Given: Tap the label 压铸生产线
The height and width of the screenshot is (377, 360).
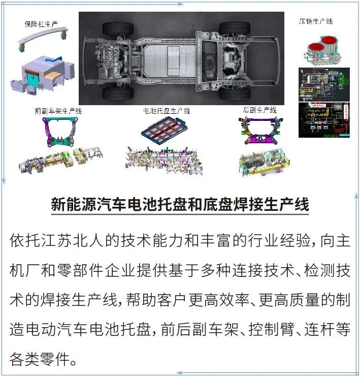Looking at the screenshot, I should click(315, 21).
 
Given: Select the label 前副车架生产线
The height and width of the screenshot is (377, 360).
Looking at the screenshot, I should click(58, 110).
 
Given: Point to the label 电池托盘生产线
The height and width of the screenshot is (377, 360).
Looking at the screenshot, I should click(167, 110).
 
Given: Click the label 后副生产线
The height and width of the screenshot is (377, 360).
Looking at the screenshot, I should click(259, 110).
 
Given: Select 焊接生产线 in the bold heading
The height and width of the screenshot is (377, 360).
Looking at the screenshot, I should click(275, 205).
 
